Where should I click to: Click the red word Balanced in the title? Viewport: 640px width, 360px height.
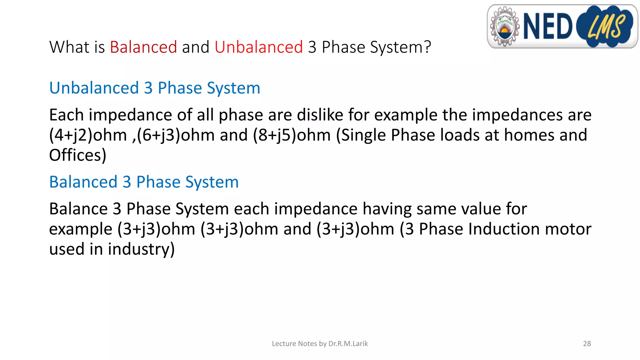(143, 47)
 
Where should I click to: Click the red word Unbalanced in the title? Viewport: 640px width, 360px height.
(258, 47)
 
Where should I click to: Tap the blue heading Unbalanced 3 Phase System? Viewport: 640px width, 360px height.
(155, 88)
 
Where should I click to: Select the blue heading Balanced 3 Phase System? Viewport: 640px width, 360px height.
(144, 182)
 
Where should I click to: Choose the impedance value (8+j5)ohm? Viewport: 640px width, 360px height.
(292, 135)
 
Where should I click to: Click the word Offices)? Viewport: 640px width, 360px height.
(78, 155)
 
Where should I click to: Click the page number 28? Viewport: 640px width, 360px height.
(587, 344)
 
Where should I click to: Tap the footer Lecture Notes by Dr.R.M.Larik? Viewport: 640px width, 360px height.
(320, 344)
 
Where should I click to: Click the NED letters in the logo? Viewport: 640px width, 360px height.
(547, 27)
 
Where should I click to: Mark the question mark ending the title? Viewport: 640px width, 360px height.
(427, 47)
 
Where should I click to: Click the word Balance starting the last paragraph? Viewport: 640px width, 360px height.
(78, 209)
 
